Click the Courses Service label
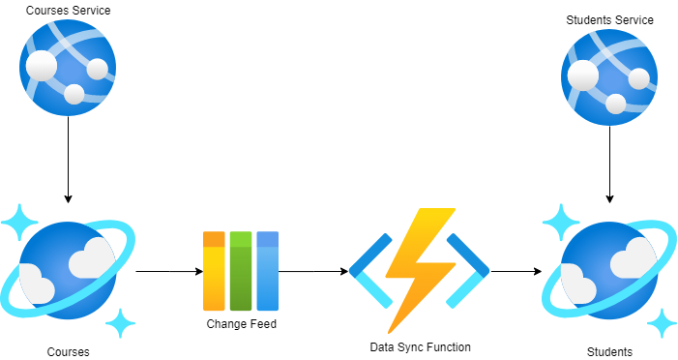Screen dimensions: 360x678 coord(69,11)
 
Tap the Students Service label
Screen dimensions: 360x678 coord(609,19)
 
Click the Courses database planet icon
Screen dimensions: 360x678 coord(68,266)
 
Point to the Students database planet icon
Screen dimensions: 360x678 coord(609,266)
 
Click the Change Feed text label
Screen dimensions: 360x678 coord(241,324)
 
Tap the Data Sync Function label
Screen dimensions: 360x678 coord(420,345)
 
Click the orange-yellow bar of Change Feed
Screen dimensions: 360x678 coord(214,270)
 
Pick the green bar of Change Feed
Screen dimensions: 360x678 coord(241,270)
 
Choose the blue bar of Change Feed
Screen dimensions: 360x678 coord(268,270)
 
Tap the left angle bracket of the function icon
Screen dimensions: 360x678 coord(368,271)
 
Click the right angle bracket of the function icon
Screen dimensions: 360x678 coord(473,271)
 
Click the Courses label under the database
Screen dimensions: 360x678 coord(68,351)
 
